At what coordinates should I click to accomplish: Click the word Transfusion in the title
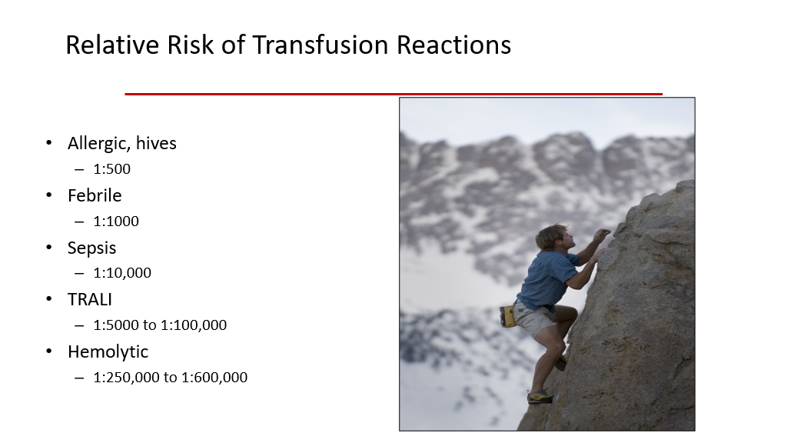click(x=320, y=45)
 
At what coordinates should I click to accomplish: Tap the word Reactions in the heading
click(x=453, y=45)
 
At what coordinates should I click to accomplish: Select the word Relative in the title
click(x=112, y=45)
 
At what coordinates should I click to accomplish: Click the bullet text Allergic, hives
click(x=122, y=144)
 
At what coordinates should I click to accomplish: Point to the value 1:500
click(x=112, y=169)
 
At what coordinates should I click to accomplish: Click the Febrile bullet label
click(x=95, y=195)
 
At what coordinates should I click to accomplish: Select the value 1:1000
click(x=116, y=221)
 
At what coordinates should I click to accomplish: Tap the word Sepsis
click(x=92, y=248)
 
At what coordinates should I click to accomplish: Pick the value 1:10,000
click(x=122, y=273)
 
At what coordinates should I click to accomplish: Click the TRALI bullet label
click(x=90, y=300)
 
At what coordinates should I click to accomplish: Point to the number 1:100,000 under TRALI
click(x=194, y=325)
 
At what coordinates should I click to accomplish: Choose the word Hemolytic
click(x=108, y=352)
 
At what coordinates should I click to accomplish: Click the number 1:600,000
click(x=214, y=378)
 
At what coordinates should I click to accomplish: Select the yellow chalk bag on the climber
click(x=507, y=316)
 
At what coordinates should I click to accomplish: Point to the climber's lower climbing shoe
click(x=540, y=397)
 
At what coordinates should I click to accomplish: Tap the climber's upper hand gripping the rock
click(x=603, y=234)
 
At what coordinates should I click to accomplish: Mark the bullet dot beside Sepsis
click(x=48, y=247)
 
